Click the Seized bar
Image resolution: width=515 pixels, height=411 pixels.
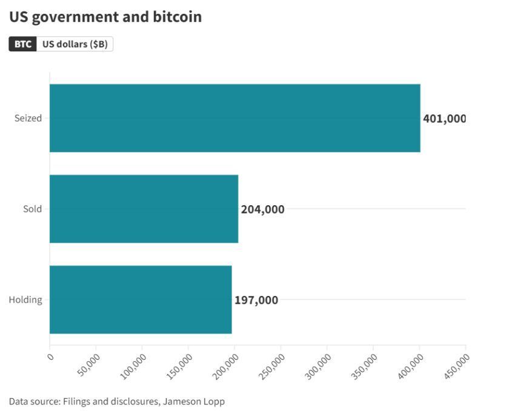coord(234,118)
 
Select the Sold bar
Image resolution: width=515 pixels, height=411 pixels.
coord(144,209)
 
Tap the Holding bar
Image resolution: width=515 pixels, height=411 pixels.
coord(141,300)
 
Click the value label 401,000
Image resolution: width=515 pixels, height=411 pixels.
coord(444,119)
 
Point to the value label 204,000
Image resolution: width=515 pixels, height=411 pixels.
coord(262,209)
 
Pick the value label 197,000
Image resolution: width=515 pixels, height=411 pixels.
coord(256,300)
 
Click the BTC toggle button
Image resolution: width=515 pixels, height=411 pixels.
coord(23,44)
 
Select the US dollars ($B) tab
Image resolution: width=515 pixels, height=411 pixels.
coord(75,44)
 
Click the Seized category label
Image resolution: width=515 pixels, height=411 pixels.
coord(28,118)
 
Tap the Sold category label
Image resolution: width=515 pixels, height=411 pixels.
coord(32,209)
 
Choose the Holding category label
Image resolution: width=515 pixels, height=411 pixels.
coord(25,300)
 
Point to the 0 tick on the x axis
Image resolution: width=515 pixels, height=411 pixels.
coord(50,357)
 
